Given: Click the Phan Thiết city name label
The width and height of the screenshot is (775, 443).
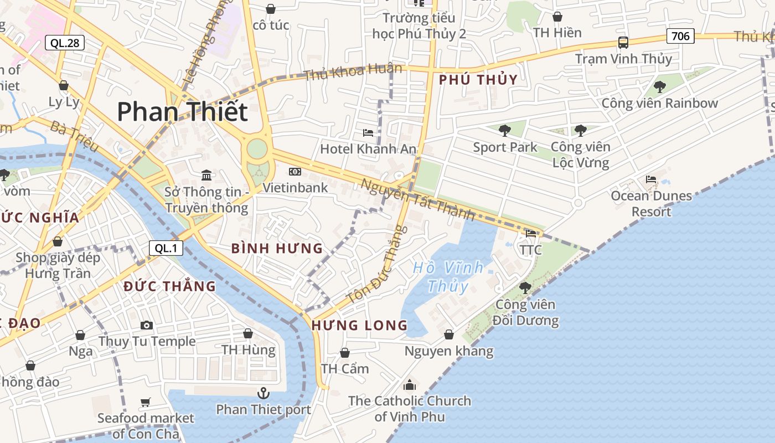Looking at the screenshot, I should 182,112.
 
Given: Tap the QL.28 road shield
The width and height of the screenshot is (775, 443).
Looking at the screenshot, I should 64,43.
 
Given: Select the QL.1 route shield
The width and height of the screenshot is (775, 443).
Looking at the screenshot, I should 166,248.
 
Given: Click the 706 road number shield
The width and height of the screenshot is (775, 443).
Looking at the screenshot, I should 680,37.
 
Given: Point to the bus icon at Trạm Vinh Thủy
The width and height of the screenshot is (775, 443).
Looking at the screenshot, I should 623,43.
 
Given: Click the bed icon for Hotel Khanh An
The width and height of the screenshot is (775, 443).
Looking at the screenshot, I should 368,132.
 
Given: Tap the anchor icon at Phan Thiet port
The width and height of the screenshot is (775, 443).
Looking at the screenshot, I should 263,393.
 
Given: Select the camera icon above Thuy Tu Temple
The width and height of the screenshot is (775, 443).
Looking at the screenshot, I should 147,325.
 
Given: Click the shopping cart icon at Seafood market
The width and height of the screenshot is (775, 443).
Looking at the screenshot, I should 146,403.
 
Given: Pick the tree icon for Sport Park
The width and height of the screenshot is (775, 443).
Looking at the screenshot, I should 504,131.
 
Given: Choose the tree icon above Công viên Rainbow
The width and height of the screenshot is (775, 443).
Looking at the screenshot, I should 659,86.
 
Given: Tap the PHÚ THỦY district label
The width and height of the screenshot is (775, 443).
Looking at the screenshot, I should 478,80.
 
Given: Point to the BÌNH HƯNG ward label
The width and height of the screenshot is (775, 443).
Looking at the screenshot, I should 277,249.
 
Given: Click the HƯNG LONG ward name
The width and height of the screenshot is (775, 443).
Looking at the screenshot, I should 360,325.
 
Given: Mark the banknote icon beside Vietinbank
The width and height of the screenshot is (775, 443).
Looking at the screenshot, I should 295,172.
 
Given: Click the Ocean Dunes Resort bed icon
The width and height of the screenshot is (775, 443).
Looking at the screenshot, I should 651,179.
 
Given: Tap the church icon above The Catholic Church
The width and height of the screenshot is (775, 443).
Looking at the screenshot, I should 410,384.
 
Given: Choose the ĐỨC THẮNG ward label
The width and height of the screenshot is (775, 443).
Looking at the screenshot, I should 169,286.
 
